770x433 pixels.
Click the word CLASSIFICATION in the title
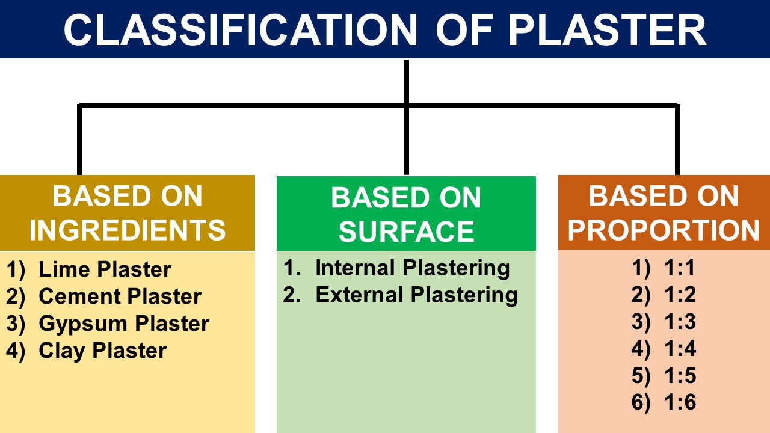tap(240, 29)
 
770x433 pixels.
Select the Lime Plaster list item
tap(105, 269)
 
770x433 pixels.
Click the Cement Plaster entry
tap(120, 296)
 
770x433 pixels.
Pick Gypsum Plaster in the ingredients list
tap(123, 324)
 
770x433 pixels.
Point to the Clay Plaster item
tap(102, 351)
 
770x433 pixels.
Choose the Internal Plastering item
tap(412, 268)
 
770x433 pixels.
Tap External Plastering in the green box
tap(416, 295)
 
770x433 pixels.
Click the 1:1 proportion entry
tap(680, 268)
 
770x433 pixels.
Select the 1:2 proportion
tap(680, 295)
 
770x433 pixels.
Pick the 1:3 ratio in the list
tap(680, 322)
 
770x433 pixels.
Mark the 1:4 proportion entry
tap(680, 349)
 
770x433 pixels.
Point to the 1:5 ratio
tap(680, 376)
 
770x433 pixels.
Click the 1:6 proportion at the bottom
tap(680, 403)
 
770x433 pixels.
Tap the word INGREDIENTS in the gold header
tap(128, 230)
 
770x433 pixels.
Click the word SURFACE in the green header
tap(406, 232)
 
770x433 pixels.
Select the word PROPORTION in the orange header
tap(664, 230)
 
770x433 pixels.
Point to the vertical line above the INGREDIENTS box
tap(79, 141)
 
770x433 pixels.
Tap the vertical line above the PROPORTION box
tap(678, 141)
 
